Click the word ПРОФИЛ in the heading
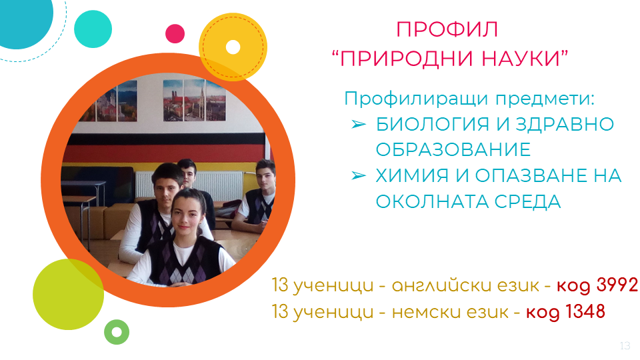coord(447,29)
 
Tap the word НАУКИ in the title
coord(521,59)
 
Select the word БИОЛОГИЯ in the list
coord(432,125)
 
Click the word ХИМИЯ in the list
coord(412,176)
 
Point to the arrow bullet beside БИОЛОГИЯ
coord(359,124)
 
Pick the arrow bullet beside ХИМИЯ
coord(359,175)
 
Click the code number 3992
coord(617,285)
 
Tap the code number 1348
coord(585,311)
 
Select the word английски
coord(465,286)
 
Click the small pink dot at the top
coord(175,33)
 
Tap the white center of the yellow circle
coord(233,47)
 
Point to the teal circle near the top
coord(93,29)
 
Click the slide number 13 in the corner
coord(625,346)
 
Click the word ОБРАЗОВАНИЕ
coord(453,150)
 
